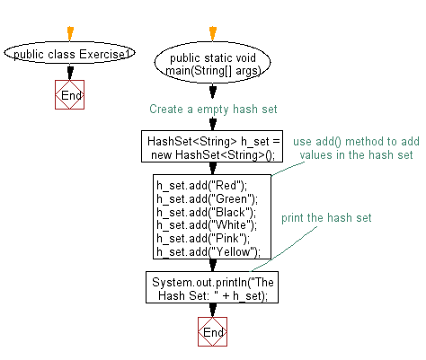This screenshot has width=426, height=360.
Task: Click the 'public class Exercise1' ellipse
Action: tap(69, 53)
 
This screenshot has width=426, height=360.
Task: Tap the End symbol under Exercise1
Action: tap(70, 94)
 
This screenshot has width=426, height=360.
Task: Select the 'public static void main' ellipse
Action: tap(212, 62)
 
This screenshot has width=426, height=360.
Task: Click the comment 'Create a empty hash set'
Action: tap(213, 110)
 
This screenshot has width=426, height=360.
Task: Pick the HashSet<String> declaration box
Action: tap(212, 146)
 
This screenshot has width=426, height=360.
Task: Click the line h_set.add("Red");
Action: tap(202, 186)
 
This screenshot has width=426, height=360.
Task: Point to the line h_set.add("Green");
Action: tap(207, 199)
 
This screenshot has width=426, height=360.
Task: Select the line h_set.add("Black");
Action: tap(207, 212)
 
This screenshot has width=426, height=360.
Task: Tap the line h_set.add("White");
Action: tap(207, 225)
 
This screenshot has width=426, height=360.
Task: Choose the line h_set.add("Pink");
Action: tap(203, 239)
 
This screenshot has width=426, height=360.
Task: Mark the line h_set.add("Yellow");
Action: tap(209, 252)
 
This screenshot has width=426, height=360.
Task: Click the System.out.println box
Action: tap(212, 287)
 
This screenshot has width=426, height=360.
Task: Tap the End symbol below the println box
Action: tap(213, 332)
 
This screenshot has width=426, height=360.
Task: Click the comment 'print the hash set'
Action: tap(326, 218)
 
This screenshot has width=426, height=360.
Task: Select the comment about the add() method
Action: tap(356, 148)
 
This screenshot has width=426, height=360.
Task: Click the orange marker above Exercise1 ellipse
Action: tap(70, 33)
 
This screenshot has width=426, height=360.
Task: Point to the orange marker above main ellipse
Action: tap(213, 33)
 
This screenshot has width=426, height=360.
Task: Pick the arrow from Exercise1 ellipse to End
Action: tap(70, 72)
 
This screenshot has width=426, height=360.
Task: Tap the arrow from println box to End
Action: tap(213, 310)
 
